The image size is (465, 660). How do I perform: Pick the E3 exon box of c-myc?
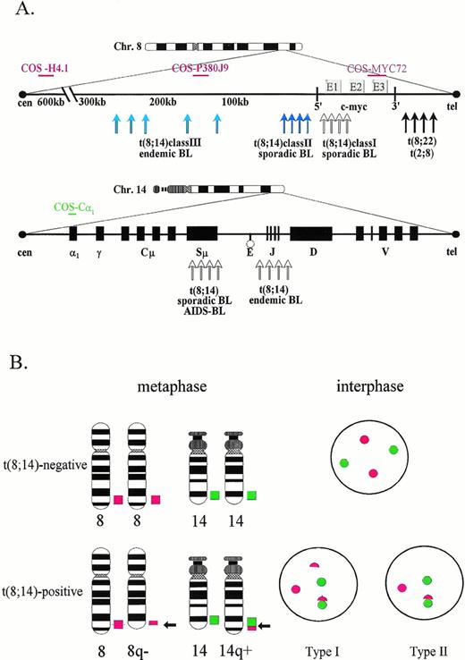point(379,87)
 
